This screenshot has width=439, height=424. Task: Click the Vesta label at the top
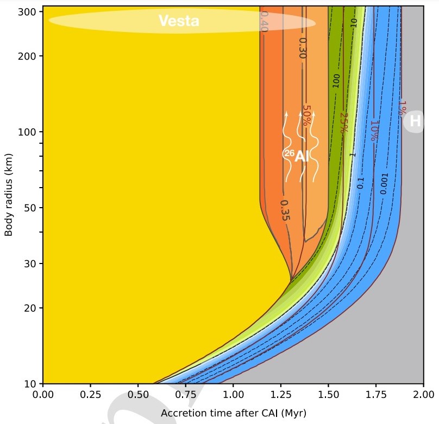point(179,21)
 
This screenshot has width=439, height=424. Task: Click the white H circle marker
point(415,121)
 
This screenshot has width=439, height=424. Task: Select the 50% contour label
point(306,115)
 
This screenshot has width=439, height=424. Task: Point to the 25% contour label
point(343,123)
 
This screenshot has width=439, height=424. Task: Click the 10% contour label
point(374,131)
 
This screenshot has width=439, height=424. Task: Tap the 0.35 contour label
point(285,210)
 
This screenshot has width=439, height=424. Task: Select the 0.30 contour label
point(303,48)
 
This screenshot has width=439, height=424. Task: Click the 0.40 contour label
point(265,22)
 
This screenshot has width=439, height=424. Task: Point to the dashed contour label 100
point(336,81)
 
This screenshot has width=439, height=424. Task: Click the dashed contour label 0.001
point(385,184)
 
